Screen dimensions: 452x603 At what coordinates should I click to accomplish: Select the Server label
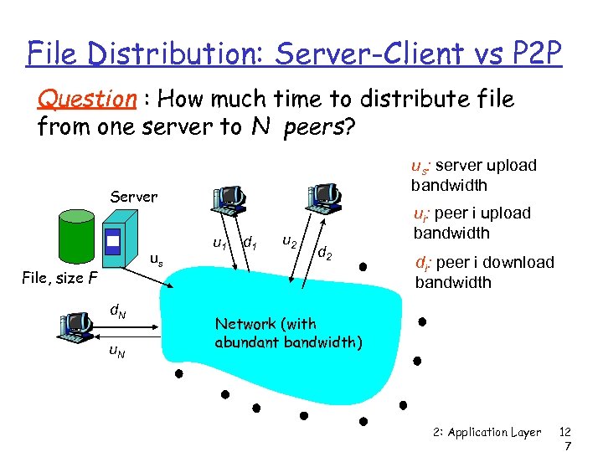[134, 197]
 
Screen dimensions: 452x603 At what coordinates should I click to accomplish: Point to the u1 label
[219, 244]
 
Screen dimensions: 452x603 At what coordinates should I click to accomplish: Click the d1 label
[248, 244]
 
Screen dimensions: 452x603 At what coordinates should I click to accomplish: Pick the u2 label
[288, 242]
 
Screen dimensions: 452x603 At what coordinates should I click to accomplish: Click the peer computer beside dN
[76, 326]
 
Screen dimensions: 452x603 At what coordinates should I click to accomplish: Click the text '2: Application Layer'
[487, 433]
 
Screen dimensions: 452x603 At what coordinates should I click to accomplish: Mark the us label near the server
[155, 259]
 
